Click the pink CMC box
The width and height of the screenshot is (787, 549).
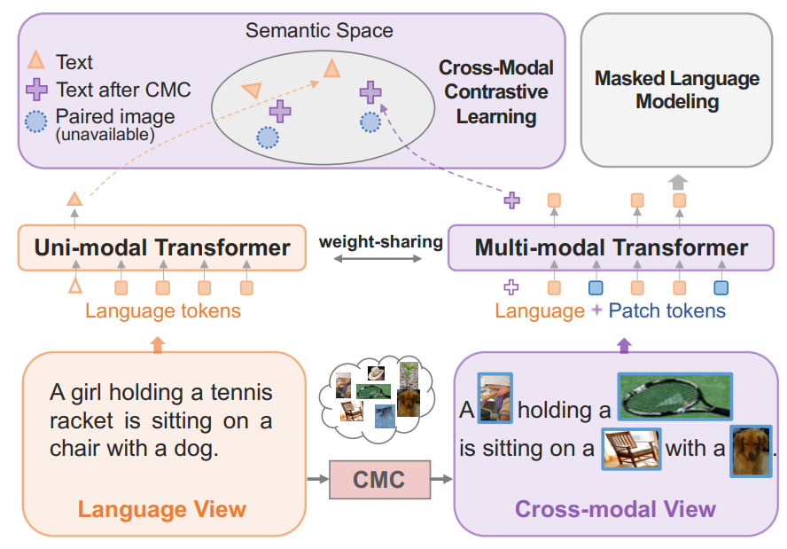coord(378,481)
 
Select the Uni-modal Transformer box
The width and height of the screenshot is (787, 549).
coord(162,247)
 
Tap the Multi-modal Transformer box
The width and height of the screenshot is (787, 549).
coord(612,247)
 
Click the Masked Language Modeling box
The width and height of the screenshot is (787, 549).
coord(677,90)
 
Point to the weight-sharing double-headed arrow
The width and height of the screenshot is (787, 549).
coord(379,259)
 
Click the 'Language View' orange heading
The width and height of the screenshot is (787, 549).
coord(161,509)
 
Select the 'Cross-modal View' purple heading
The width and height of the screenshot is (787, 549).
coord(615,509)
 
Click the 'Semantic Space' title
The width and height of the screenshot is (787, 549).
coord(319,31)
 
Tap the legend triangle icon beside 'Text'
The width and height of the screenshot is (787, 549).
coord(38,61)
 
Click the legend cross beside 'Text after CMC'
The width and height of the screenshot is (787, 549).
coord(38,90)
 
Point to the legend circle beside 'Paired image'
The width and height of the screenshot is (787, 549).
coord(38,122)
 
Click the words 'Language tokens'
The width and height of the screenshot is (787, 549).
coord(163,311)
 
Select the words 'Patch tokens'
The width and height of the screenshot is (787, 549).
coord(666,311)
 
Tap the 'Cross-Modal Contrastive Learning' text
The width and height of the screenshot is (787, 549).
coord(496,92)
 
